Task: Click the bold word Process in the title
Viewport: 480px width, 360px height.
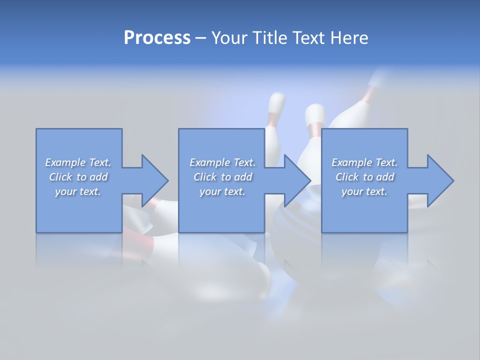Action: point(157,38)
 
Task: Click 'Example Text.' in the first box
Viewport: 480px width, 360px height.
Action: point(78,162)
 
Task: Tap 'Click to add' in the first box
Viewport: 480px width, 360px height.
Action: point(78,177)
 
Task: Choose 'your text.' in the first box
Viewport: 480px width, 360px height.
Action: point(78,191)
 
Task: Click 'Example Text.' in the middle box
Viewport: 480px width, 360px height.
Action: point(222,162)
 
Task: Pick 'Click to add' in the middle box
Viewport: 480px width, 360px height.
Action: point(222,177)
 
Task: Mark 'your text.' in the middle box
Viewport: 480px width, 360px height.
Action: point(222,191)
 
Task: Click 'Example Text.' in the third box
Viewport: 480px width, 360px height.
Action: point(364,162)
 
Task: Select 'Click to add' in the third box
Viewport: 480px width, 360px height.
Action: point(364,177)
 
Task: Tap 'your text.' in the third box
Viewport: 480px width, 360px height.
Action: point(364,191)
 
